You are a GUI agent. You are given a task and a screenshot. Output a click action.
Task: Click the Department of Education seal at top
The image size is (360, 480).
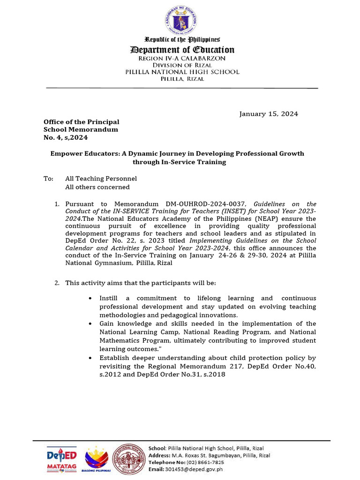pyautogui.click(x=180, y=19)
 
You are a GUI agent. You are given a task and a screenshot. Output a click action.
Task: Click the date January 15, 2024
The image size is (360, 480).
pyautogui.click(x=269, y=114)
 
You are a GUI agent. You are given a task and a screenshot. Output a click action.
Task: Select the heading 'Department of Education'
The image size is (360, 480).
pyautogui.click(x=182, y=50)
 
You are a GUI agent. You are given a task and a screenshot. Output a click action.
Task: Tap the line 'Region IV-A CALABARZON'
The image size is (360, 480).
pyautogui.click(x=182, y=58)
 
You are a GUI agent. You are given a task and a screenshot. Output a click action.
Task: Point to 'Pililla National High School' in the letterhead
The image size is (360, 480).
pyautogui.click(x=182, y=72)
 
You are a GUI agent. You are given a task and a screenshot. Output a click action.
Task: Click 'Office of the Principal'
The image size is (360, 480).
pyautogui.click(x=81, y=122)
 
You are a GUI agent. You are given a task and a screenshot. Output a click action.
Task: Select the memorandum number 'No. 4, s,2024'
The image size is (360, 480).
pyautogui.click(x=65, y=137)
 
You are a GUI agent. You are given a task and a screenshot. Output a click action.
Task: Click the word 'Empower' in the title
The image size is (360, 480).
pyautogui.click(x=66, y=154)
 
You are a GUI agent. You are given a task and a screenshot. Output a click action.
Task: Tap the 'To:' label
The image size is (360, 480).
pyautogui.click(x=48, y=179)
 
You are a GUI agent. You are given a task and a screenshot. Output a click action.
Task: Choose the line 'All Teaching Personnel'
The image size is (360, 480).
pyautogui.click(x=101, y=179)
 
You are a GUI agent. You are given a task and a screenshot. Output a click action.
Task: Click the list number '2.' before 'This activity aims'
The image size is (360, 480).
pyautogui.click(x=57, y=283)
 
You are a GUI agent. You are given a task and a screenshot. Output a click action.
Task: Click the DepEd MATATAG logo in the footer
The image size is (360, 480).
pyautogui.click(x=61, y=460)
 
